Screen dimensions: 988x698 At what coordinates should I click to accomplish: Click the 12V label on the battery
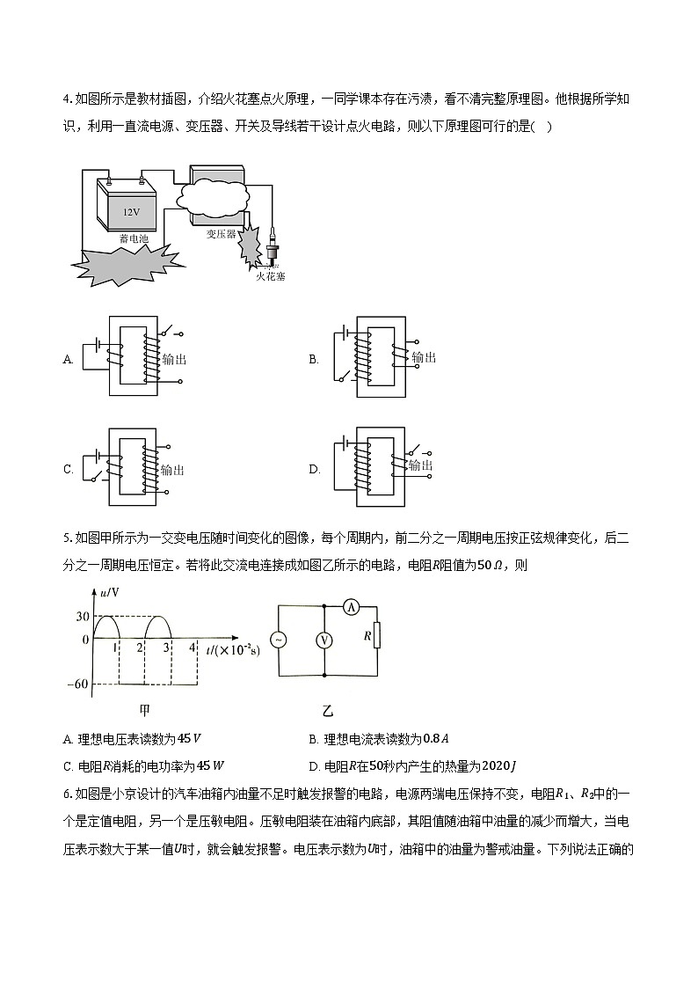pos(131,212)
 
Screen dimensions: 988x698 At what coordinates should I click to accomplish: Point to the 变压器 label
pos(221,234)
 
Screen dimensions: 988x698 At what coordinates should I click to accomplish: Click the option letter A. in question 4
pos(68,359)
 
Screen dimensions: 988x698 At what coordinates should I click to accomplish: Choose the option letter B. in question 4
pos(313,359)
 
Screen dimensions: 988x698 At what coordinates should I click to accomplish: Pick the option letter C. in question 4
pos(68,470)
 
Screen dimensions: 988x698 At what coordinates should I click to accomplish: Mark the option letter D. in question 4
pos(314,470)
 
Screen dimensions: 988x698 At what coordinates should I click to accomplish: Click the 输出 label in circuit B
pos(423,357)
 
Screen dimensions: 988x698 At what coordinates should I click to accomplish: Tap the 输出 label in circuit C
pos(173,471)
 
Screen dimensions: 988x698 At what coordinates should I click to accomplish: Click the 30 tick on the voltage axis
pos(83,616)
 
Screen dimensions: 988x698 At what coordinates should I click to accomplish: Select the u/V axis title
pos(109,595)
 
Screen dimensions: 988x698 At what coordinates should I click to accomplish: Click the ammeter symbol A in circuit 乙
pos(348,607)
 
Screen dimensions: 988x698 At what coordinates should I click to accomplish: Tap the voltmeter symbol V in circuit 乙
pos(324,640)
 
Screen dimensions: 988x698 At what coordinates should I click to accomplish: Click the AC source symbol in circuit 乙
pos(279,640)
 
